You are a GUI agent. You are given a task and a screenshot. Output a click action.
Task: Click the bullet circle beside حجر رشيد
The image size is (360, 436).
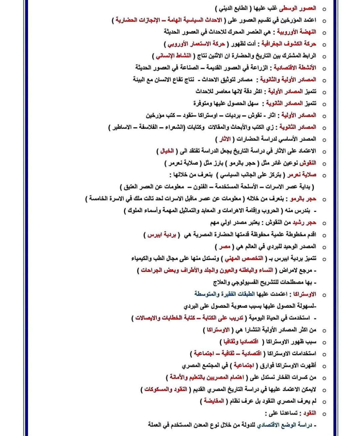click(324, 223)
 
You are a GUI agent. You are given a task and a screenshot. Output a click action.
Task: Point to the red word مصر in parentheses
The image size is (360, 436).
click(225, 246)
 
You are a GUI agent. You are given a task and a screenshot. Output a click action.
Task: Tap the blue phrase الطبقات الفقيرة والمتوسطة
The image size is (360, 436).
click(221, 294)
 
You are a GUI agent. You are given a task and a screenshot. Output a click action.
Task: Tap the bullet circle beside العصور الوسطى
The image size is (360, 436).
click(324, 9)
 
